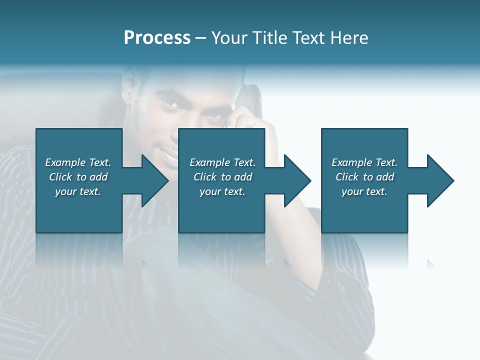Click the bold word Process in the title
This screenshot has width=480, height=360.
157,38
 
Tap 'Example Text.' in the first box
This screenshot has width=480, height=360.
78,162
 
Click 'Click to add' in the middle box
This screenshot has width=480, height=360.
222,177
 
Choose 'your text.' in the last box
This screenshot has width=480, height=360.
364,191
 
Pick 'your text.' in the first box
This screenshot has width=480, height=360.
78,191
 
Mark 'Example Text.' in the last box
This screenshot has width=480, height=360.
364,162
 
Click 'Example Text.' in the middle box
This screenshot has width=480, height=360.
222,162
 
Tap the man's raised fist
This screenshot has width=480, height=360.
242,120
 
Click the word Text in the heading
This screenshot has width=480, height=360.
308,38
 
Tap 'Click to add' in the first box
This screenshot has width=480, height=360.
78,177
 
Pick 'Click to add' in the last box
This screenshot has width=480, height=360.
364,177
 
